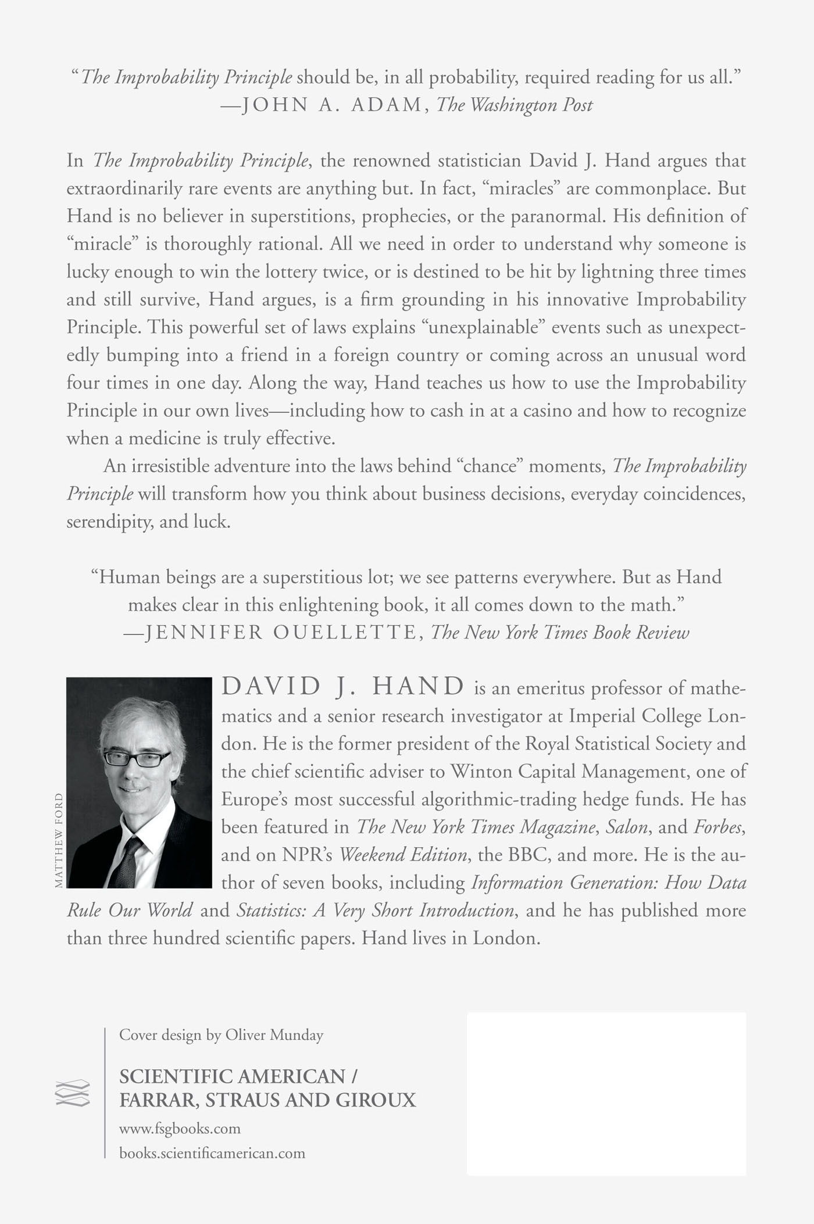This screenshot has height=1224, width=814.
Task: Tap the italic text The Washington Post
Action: (x=515, y=105)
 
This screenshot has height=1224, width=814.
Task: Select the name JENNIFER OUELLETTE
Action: (x=280, y=632)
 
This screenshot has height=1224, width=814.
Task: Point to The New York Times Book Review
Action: (x=559, y=632)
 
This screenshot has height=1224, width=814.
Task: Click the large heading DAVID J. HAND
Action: (x=343, y=687)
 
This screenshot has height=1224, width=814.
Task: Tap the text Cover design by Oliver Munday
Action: (x=221, y=1035)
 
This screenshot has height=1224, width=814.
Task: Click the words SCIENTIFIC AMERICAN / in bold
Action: (x=238, y=1076)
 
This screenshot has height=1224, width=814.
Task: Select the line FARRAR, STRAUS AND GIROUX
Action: (x=267, y=1100)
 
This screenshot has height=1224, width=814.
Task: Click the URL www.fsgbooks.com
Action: (x=180, y=1129)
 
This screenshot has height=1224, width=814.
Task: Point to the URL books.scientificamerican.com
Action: (x=212, y=1152)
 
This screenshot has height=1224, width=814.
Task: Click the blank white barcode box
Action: (x=606, y=1093)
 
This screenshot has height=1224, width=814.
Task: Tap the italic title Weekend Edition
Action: (x=403, y=855)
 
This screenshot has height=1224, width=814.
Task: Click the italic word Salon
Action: (x=626, y=827)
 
